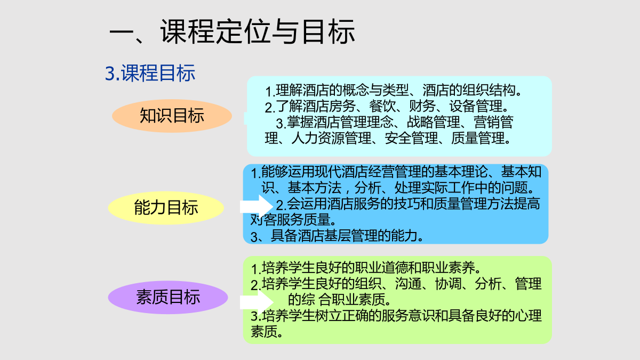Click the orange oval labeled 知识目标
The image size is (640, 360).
172,116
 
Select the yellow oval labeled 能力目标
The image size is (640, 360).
166,207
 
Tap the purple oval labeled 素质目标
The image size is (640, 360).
168,297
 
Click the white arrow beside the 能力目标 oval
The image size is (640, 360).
257,206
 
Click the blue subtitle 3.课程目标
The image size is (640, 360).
150,73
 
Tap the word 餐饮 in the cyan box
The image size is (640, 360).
382,106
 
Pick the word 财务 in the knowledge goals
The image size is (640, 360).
422,106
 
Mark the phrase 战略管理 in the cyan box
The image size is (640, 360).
434,122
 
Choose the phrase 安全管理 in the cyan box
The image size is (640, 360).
411,138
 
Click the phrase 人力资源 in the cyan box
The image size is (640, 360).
318,138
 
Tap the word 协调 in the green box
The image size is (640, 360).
448,284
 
